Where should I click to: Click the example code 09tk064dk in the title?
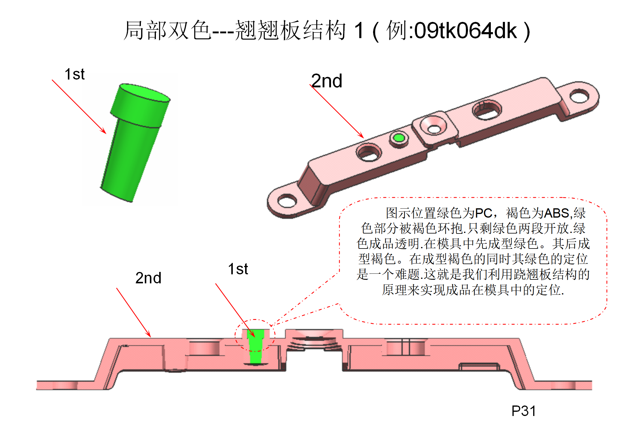coord(465,31)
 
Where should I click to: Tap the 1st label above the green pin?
coord(74,74)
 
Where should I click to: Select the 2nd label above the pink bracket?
coord(327,81)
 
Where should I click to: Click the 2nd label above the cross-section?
coord(148,278)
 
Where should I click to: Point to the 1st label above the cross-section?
coord(238,269)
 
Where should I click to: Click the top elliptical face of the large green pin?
coord(144,92)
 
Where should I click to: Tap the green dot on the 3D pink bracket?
coord(399,138)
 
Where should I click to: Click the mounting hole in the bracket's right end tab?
coord(579,96)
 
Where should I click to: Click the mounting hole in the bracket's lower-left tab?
coord(287,200)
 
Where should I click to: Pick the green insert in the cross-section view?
coord(255,348)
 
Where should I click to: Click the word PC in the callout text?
coord(484,213)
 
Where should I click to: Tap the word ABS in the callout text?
coord(557,213)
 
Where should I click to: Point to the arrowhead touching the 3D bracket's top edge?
coord(361,136)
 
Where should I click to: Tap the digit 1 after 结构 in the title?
coord(359,31)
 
